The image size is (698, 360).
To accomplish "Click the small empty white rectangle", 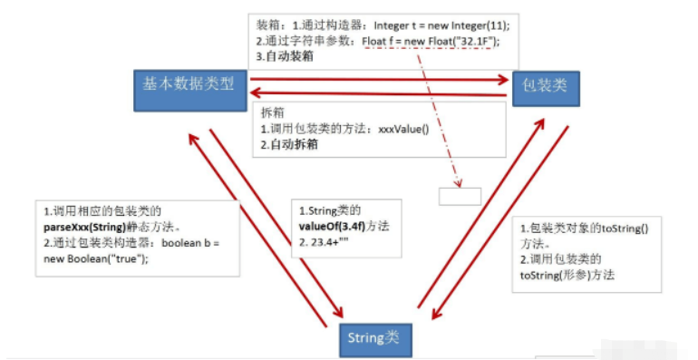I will tap(460, 195).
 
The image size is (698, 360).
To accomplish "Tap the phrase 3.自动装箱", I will tap(284, 56).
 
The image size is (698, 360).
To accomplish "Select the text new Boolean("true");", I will tap(95, 258).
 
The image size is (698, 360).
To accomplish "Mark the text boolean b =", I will tap(193, 243).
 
